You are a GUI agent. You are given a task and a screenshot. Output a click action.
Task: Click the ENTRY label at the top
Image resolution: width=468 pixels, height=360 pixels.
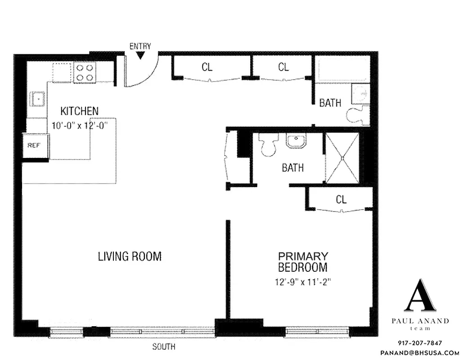tap(140, 46)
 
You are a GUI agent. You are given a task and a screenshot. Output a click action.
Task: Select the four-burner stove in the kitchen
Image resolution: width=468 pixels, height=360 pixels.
tap(84, 72)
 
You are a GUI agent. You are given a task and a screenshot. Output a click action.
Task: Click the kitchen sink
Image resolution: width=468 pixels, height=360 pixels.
tap(38, 98)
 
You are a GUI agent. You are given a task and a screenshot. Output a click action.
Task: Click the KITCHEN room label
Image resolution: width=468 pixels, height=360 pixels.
tap(80, 111)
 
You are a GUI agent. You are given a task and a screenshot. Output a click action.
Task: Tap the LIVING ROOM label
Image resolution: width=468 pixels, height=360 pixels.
tap(130, 256)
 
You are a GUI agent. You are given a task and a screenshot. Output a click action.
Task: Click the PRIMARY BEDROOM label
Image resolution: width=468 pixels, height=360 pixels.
tap(302, 262)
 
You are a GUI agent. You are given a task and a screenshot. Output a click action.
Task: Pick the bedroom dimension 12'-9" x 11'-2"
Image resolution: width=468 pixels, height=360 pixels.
tap(302, 282)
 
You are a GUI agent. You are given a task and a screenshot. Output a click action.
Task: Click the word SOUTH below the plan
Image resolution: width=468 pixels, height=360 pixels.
tap(164, 347)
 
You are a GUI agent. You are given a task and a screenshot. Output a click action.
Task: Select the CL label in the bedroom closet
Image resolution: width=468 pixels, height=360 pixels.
tap(341, 199)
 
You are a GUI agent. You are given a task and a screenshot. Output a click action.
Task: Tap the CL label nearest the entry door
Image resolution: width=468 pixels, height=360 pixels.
tap(207, 67)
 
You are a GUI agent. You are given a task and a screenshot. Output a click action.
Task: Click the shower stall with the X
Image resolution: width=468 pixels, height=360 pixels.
tap(342, 158)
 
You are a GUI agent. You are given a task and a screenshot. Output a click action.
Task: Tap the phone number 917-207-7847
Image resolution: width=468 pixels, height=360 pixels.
tap(419, 343)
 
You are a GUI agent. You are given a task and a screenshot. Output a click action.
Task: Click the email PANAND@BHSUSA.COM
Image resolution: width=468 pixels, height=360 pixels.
tap(419, 353)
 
